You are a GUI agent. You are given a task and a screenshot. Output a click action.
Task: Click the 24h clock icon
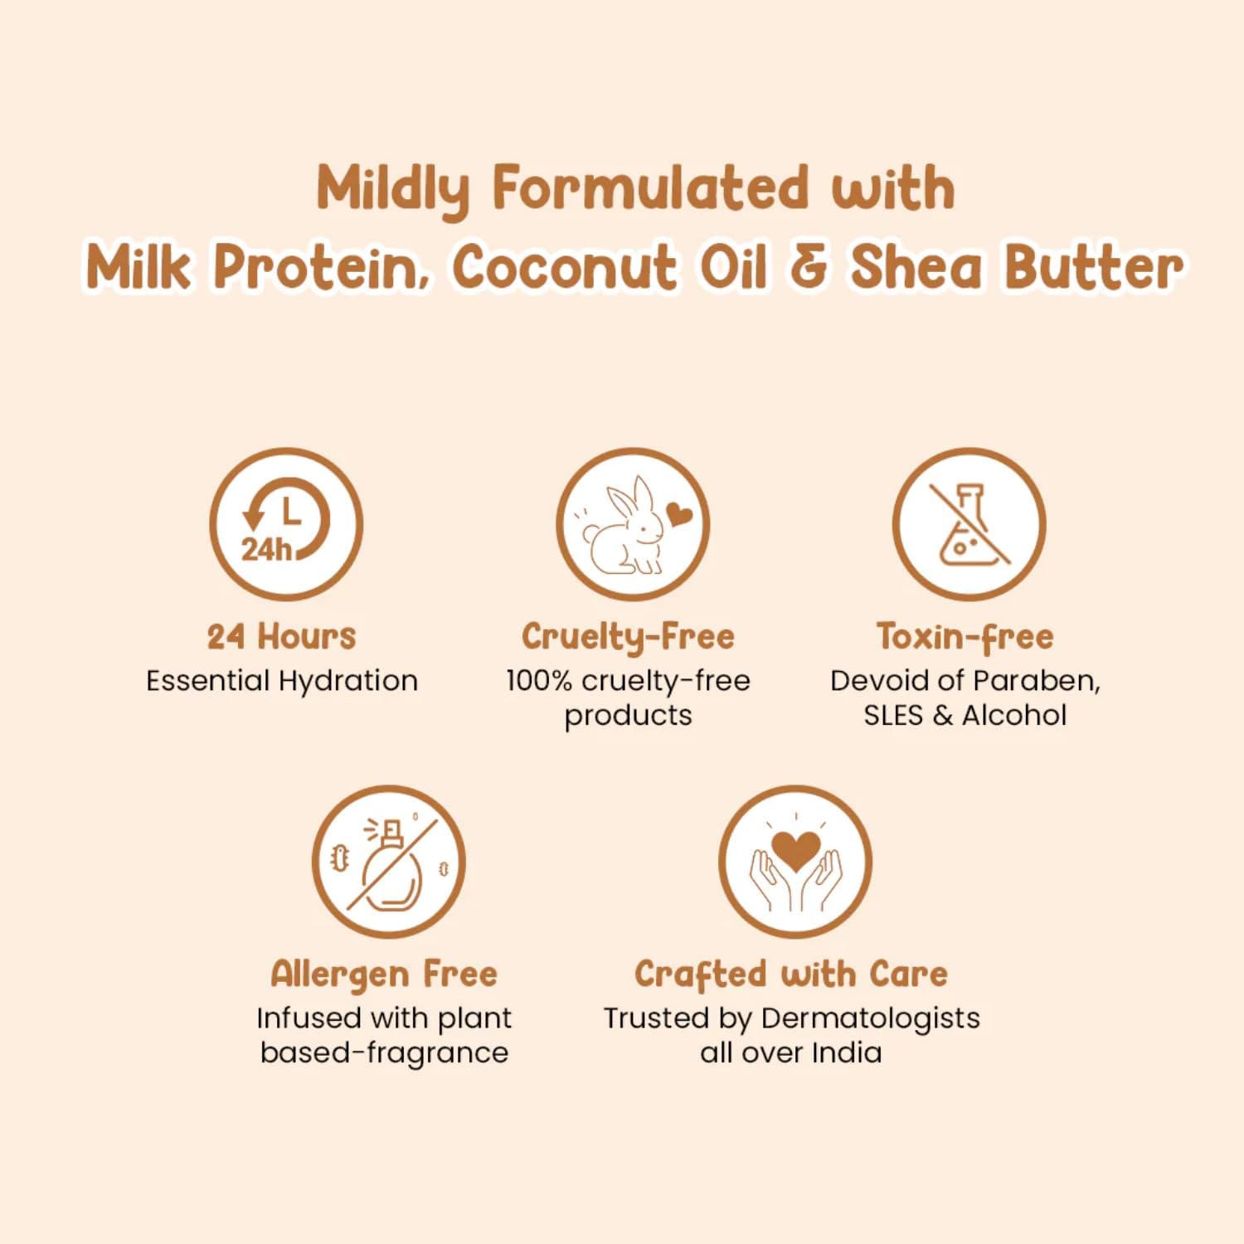click(x=286, y=524)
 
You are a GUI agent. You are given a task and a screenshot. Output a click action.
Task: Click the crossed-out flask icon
click(x=969, y=524)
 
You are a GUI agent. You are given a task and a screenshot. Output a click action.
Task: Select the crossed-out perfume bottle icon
click(x=388, y=863)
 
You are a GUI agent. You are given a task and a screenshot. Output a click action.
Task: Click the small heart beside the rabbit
click(x=679, y=515)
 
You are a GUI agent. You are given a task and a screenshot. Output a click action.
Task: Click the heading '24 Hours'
click(x=282, y=637)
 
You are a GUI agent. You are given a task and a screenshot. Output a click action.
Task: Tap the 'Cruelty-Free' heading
click(x=628, y=637)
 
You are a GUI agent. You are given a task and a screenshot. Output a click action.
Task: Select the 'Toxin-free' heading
click(x=965, y=637)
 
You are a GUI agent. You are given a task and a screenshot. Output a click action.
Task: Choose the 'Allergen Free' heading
click(x=384, y=974)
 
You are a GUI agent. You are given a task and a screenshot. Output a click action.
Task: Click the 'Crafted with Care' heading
click(x=791, y=974)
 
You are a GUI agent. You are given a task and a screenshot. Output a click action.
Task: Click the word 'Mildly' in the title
click(x=393, y=188)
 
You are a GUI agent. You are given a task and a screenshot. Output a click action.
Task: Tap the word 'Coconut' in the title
click(x=564, y=268)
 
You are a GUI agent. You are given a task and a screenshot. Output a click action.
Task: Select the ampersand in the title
click(x=808, y=268)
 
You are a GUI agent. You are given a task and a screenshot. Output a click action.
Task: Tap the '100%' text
click(x=539, y=681)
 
